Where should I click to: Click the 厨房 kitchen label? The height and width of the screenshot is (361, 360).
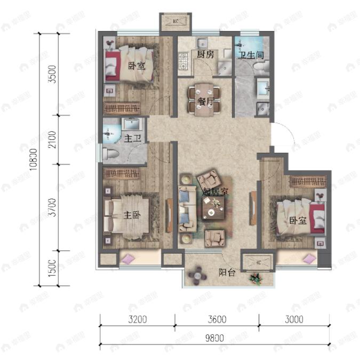205,55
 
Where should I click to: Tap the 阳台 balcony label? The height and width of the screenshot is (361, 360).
226,271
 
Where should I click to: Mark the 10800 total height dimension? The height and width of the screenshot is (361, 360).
34,159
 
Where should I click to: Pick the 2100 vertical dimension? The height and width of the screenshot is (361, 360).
52,139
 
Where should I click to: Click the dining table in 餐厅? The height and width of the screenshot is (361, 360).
204,100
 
